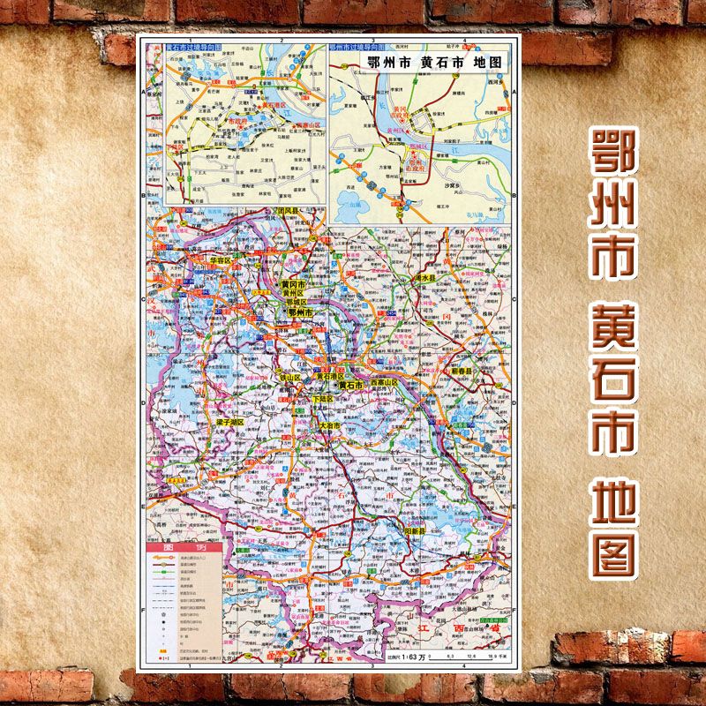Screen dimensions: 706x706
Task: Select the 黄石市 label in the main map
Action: pyautogui.click(x=348, y=386)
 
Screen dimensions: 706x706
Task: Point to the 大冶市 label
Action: pyautogui.click(x=331, y=425)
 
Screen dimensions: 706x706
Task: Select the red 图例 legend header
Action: pyautogui.click(x=169, y=548)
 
